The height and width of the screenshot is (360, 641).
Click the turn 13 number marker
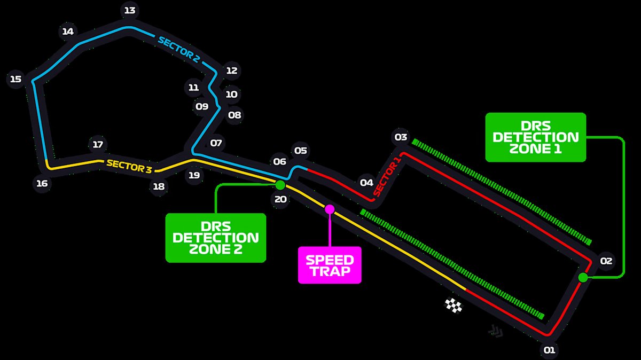129,10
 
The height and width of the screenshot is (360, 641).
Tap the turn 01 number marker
550,350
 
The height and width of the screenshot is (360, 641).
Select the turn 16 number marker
42,184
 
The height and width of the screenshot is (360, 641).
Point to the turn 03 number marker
401,137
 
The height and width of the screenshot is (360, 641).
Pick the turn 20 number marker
280,200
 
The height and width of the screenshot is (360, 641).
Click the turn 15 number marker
16,80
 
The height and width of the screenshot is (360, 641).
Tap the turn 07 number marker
216,143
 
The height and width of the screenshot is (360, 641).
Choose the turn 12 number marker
231,71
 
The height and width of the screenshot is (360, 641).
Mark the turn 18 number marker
159,186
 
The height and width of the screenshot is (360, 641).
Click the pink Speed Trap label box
330,265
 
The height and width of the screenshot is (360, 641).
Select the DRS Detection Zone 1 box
535,137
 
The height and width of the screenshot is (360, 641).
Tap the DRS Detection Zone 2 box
215,238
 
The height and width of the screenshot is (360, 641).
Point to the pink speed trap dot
330,209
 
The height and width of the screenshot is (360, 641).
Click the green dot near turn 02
583,277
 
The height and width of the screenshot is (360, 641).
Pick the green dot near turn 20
280,185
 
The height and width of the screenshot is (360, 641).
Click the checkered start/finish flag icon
454,306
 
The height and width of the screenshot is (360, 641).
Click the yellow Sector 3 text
129,166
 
